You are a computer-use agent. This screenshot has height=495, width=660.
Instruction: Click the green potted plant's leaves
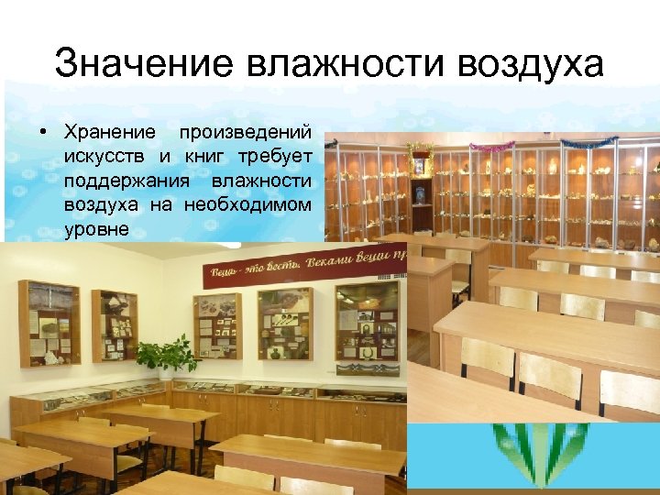[166, 353]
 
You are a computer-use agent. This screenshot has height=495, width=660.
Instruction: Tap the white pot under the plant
[166, 373]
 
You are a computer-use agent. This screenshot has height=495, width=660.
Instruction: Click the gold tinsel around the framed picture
[421, 149]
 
